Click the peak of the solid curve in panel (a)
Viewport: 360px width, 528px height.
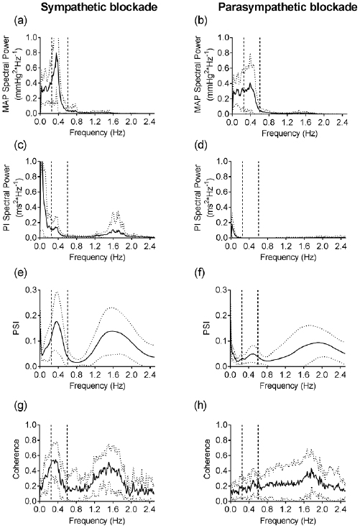point(56,52)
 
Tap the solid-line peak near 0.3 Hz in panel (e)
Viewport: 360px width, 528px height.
point(56,321)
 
